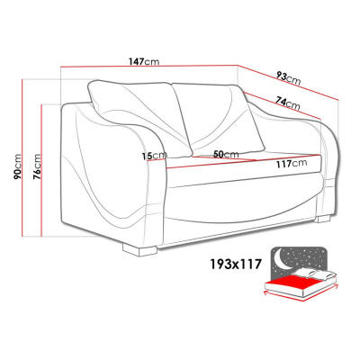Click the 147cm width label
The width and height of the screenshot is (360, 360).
[x=144, y=61]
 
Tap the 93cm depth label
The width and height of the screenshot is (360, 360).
[x=288, y=78]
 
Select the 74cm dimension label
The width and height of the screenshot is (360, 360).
[x=288, y=103]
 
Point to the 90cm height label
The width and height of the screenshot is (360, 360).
[x=18, y=166]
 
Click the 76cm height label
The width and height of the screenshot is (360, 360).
[x=37, y=166]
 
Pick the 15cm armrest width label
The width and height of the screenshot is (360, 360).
[x=155, y=156]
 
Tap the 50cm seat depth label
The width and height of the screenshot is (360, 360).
[x=226, y=155]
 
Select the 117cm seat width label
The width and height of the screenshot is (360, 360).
[x=292, y=164]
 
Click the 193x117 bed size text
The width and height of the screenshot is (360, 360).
[x=235, y=265]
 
